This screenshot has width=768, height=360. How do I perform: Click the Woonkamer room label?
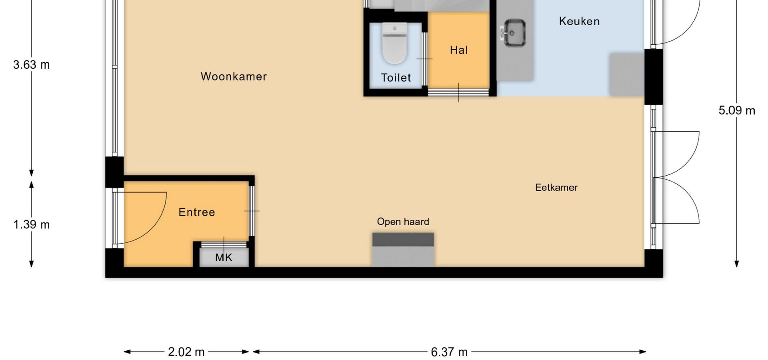(234, 76)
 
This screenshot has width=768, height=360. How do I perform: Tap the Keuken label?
(579, 21)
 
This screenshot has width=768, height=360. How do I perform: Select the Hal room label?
(459, 50)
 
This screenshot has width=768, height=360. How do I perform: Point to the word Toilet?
(396, 78)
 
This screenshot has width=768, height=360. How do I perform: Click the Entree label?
(197, 212)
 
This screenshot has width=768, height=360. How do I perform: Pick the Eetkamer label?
(556, 187)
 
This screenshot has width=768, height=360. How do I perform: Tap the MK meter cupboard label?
(224, 257)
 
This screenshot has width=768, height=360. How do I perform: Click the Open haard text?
(403, 222)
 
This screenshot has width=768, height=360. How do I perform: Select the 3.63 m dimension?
(32, 64)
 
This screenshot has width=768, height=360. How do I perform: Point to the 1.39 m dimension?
(32, 224)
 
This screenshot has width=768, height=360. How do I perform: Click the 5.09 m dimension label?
(737, 110)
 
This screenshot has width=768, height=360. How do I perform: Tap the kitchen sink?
(514, 33)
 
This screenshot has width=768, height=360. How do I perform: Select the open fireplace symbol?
(403, 250)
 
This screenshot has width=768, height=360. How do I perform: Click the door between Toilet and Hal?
(424, 59)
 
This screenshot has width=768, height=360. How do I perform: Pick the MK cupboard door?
(224, 244)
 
